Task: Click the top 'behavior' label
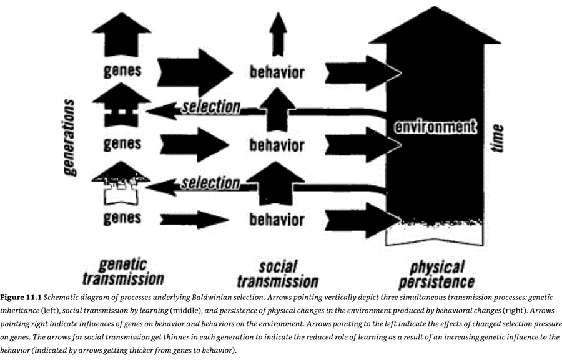[x=277, y=72]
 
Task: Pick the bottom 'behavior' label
[x=277, y=220]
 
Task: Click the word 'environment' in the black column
[x=435, y=126]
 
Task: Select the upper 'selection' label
[x=210, y=107]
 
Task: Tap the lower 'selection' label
[x=210, y=183]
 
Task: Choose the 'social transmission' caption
[x=278, y=273]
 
